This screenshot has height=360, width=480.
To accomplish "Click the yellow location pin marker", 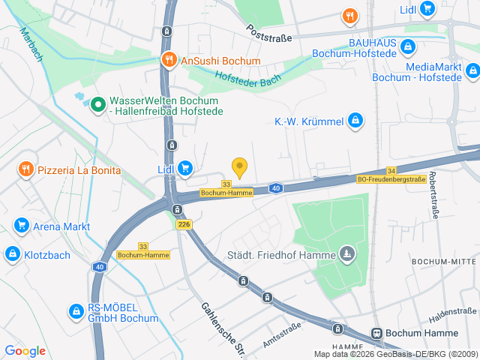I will [239, 167].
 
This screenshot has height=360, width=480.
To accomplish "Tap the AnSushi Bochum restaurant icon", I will [169, 61].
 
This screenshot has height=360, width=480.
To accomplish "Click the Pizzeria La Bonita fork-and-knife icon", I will [26, 170].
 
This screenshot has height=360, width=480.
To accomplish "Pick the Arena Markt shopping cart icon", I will [21, 226].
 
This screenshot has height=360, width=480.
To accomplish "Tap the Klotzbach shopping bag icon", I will [12, 254].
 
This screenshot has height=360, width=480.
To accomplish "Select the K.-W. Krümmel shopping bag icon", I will [355, 121].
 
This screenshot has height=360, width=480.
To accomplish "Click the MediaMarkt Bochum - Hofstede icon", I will [472, 71].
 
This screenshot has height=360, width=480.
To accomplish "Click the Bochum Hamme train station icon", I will [376, 333].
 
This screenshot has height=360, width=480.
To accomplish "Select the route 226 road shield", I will [184, 224].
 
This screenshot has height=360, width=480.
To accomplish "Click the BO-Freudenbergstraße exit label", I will [391, 179].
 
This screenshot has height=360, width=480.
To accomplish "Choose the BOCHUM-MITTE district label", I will [444, 261].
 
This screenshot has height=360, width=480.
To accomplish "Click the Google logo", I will [25, 350].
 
